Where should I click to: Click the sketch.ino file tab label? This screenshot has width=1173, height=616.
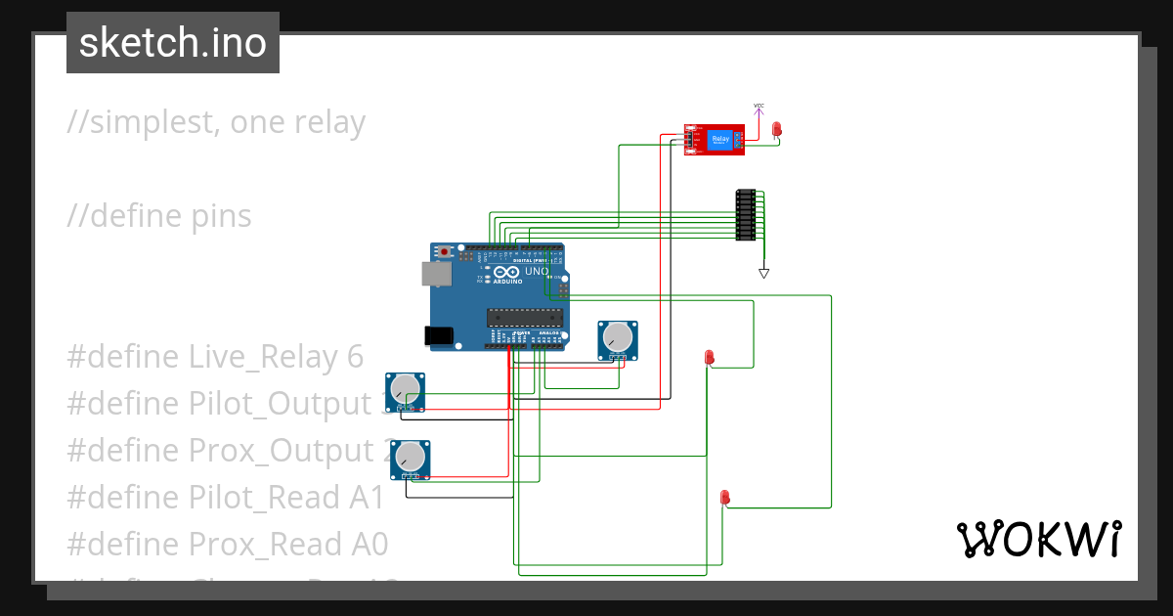click(173, 43)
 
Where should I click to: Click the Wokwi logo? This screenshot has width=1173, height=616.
click(1038, 539)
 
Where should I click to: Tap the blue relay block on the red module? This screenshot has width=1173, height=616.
click(720, 140)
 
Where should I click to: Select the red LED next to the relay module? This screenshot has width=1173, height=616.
click(777, 129)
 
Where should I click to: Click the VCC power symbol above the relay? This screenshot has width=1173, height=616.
click(759, 108)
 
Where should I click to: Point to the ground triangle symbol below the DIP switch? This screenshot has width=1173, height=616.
click(764, 273)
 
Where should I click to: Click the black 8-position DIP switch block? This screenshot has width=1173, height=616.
click(745, 214)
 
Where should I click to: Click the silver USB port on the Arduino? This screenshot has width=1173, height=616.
click(436, 274)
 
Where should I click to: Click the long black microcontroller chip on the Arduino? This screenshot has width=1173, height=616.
click(526, 316)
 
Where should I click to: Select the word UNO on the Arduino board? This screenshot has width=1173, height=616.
click(537, 272)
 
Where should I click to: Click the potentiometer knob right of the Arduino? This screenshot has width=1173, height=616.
click(618, 337)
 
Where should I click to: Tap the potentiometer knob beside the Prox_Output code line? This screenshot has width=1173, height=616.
click(411, 457)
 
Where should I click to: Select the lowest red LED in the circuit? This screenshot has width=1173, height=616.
click(724, 498)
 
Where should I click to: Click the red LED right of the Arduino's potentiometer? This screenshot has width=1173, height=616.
click(710, 358)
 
